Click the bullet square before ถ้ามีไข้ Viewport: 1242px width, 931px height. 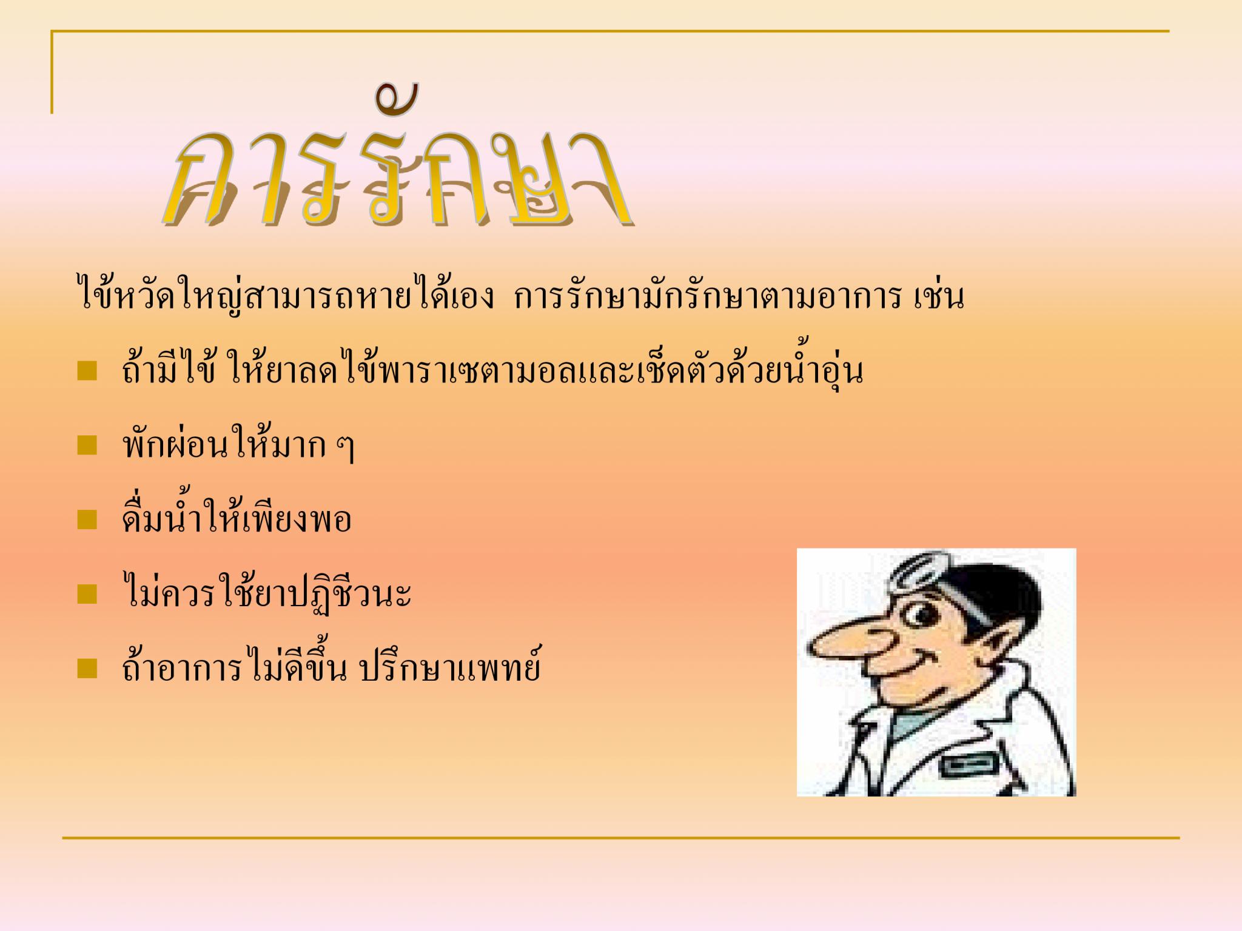[87, 371]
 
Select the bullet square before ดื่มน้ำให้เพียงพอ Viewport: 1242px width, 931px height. [87, 519]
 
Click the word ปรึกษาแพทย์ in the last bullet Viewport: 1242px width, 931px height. [449, 667]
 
